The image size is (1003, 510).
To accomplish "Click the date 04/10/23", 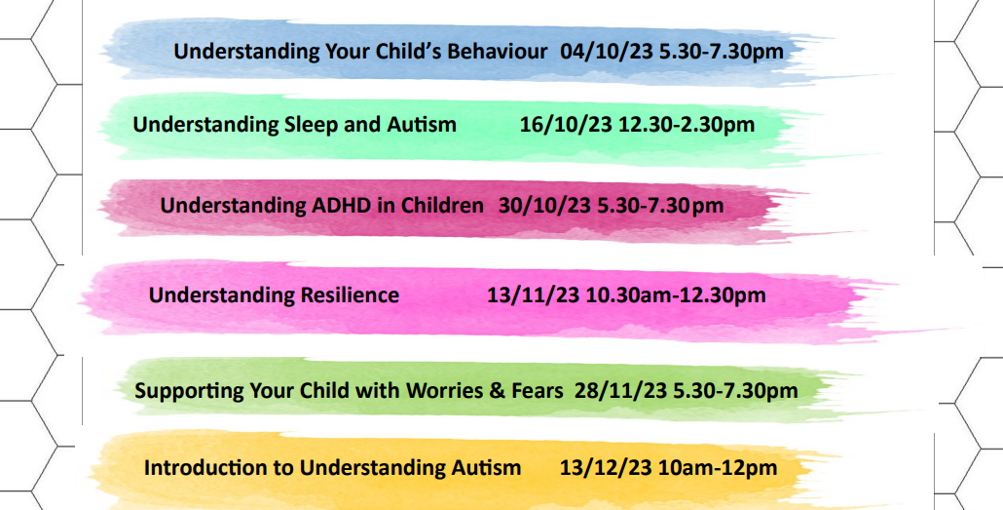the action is [607, 52].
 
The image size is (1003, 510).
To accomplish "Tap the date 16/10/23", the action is [566, 124].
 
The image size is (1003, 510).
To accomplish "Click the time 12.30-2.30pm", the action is [687, 125].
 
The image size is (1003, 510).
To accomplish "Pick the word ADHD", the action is [300, 206].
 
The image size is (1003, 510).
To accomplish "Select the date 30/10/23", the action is [545, 206].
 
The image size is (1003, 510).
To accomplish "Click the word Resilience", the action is [350, 295].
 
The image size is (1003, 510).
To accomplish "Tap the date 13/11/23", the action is [534, 295].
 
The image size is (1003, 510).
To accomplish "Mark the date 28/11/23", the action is [621, 390].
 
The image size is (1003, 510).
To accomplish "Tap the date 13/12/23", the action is [607, 467].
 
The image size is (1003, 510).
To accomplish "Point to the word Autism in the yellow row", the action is [486, 467].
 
